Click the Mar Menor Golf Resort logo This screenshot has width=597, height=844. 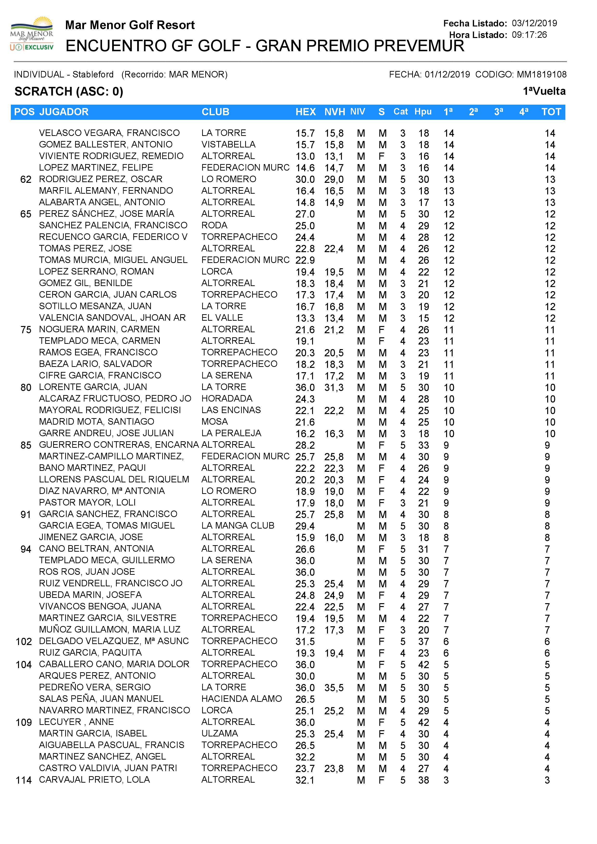coord(32,34)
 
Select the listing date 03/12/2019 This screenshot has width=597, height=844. coord(534,23)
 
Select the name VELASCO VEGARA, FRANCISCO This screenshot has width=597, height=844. coord(109,133)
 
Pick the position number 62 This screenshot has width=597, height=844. coord(26,179)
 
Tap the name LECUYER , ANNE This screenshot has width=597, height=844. coord(77,722)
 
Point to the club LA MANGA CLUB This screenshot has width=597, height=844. coord(238,526)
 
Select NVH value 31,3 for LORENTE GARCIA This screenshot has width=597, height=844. coord(334,387)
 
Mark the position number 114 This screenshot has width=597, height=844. coord(24,780)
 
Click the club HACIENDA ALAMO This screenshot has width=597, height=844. coord(242,699)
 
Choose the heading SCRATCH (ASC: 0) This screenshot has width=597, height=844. coord(69,91)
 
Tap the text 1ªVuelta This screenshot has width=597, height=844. coord(544,91)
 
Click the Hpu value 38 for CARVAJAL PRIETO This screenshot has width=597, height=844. coord(424,780)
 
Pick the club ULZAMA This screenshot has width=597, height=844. coord(219,733)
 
